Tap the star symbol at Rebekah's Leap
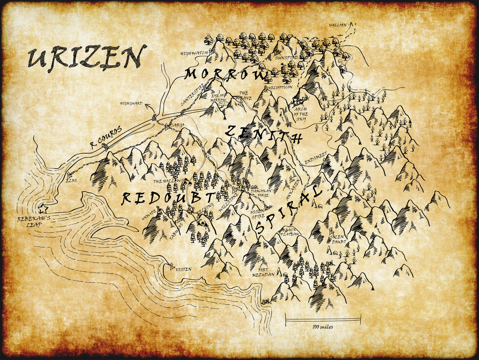43,208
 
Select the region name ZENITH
264,135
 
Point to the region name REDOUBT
168,198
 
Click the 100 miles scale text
323,327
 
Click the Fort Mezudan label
263,272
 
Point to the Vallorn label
338,25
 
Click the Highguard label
131,103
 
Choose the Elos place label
71,180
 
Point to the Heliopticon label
280,87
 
